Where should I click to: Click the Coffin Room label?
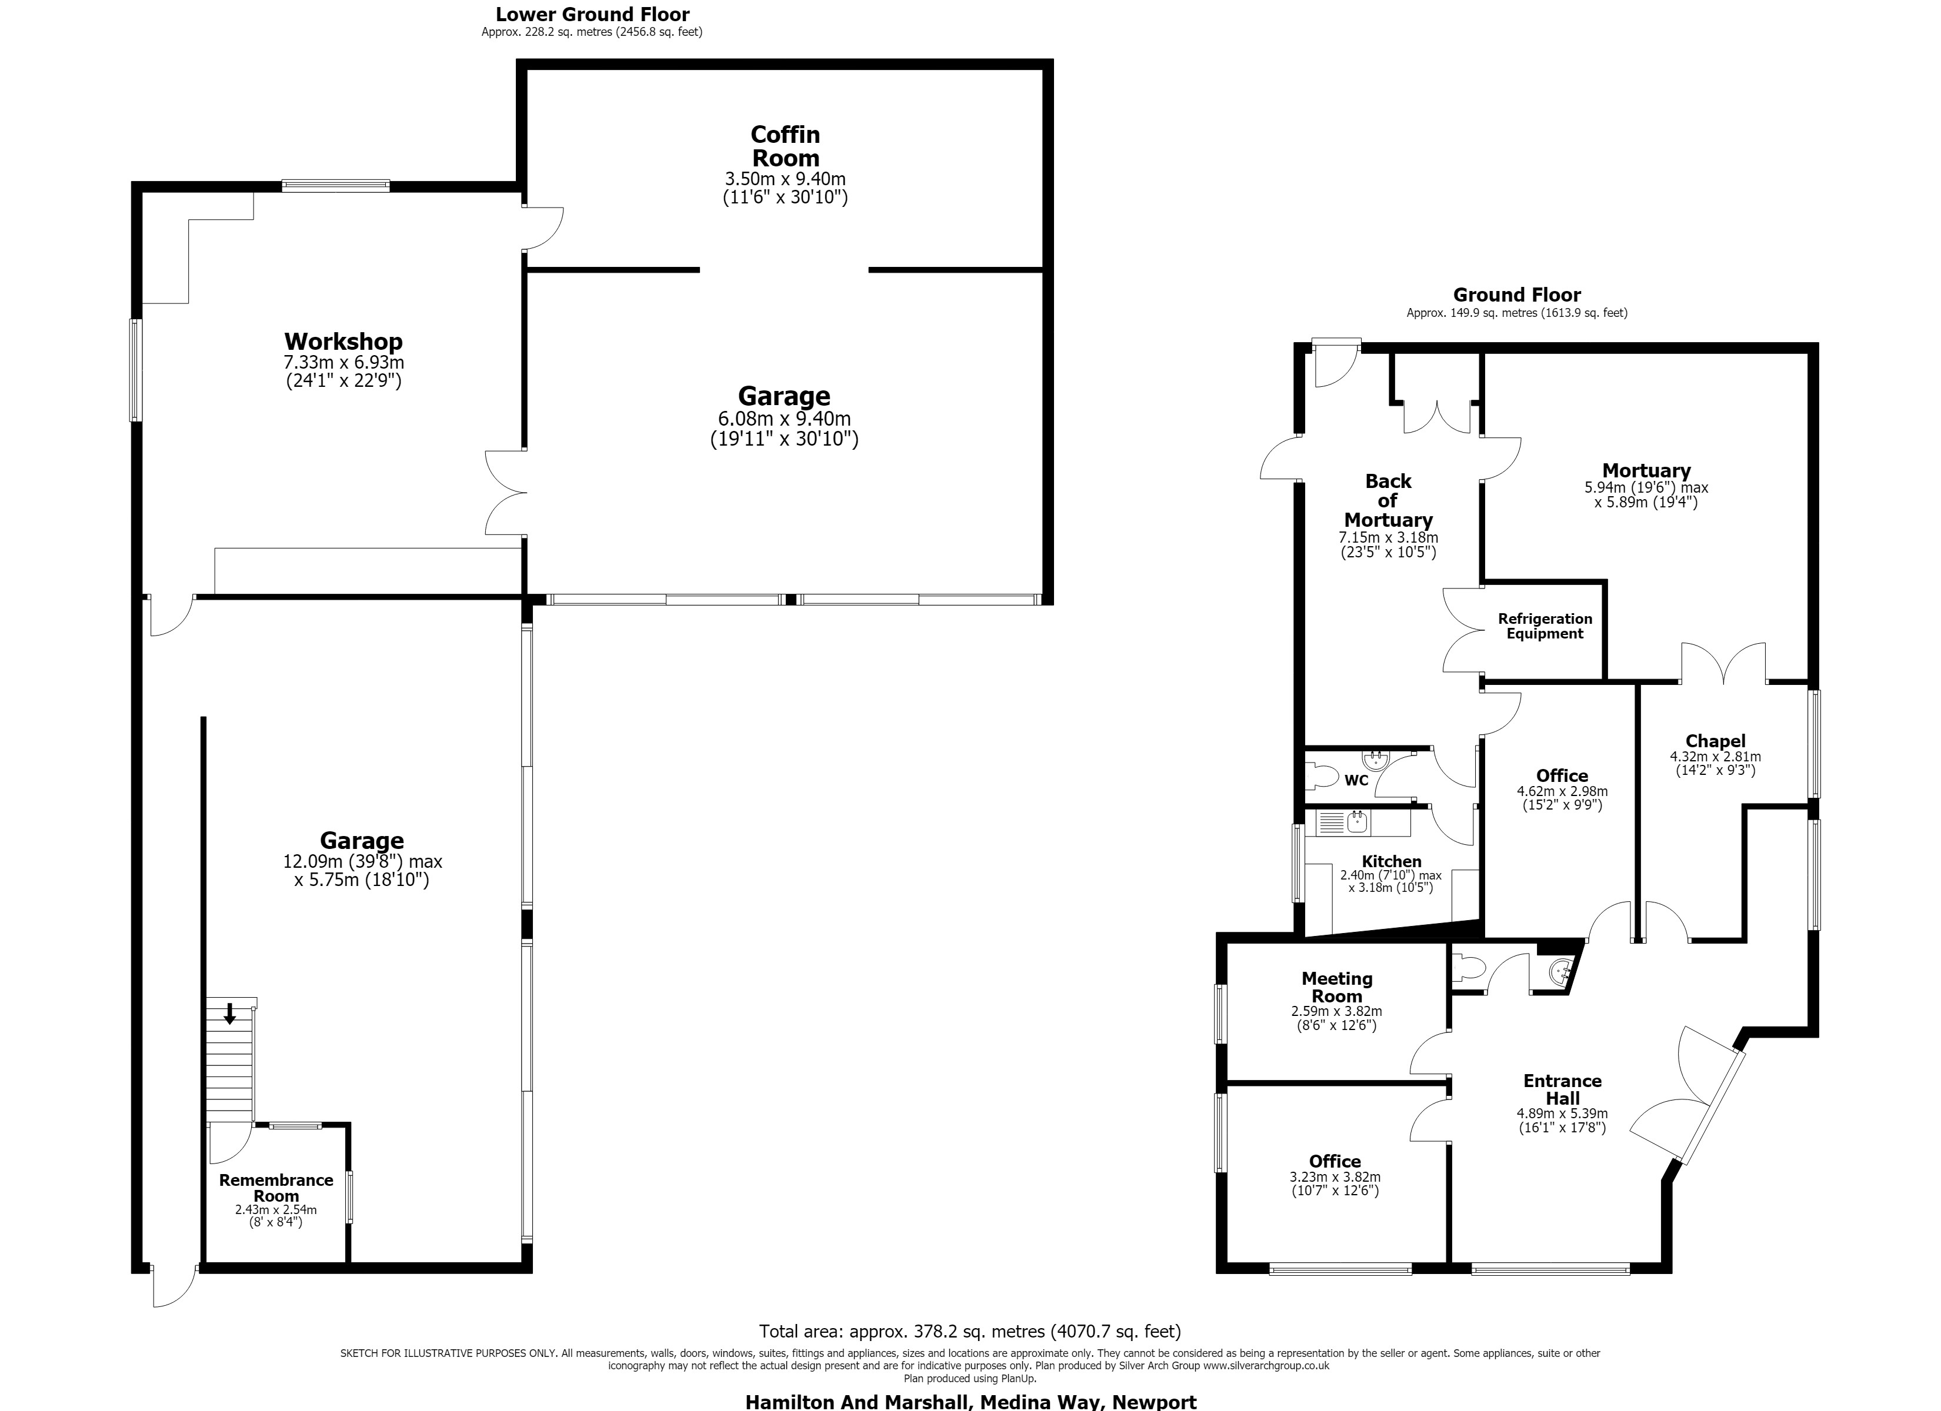point(785,146)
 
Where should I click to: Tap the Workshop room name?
point(343,342)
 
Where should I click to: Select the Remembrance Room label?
point(276,1188)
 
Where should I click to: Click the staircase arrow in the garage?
point(229,1014)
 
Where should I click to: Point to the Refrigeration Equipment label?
point(1545,626)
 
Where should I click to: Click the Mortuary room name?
point(1646,470)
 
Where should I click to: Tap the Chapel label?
point(1715,741)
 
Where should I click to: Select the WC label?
point(1356,780)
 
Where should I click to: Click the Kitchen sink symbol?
point(1358,822)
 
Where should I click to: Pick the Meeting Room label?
point(1337,988)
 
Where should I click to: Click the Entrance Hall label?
point(1562,1089)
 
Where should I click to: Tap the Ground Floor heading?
point(1516,295)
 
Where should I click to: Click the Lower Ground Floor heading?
point(592,15)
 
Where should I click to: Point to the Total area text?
point(970,1332)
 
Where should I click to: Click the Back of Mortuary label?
point(1388,500)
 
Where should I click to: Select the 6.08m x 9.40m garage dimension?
point(784,419)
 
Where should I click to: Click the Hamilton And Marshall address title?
point(970,1402)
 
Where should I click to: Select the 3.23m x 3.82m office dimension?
point(1335,1178)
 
